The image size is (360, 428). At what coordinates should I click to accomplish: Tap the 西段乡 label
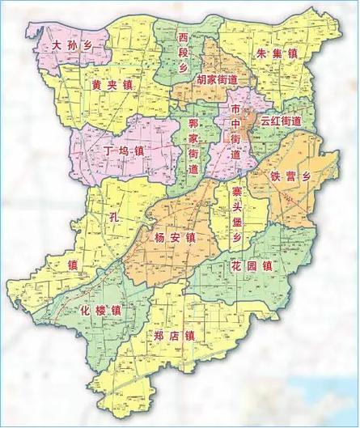point(184,51)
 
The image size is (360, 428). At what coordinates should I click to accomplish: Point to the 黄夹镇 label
point(112,83)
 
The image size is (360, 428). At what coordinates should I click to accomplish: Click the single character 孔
point(112,218)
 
